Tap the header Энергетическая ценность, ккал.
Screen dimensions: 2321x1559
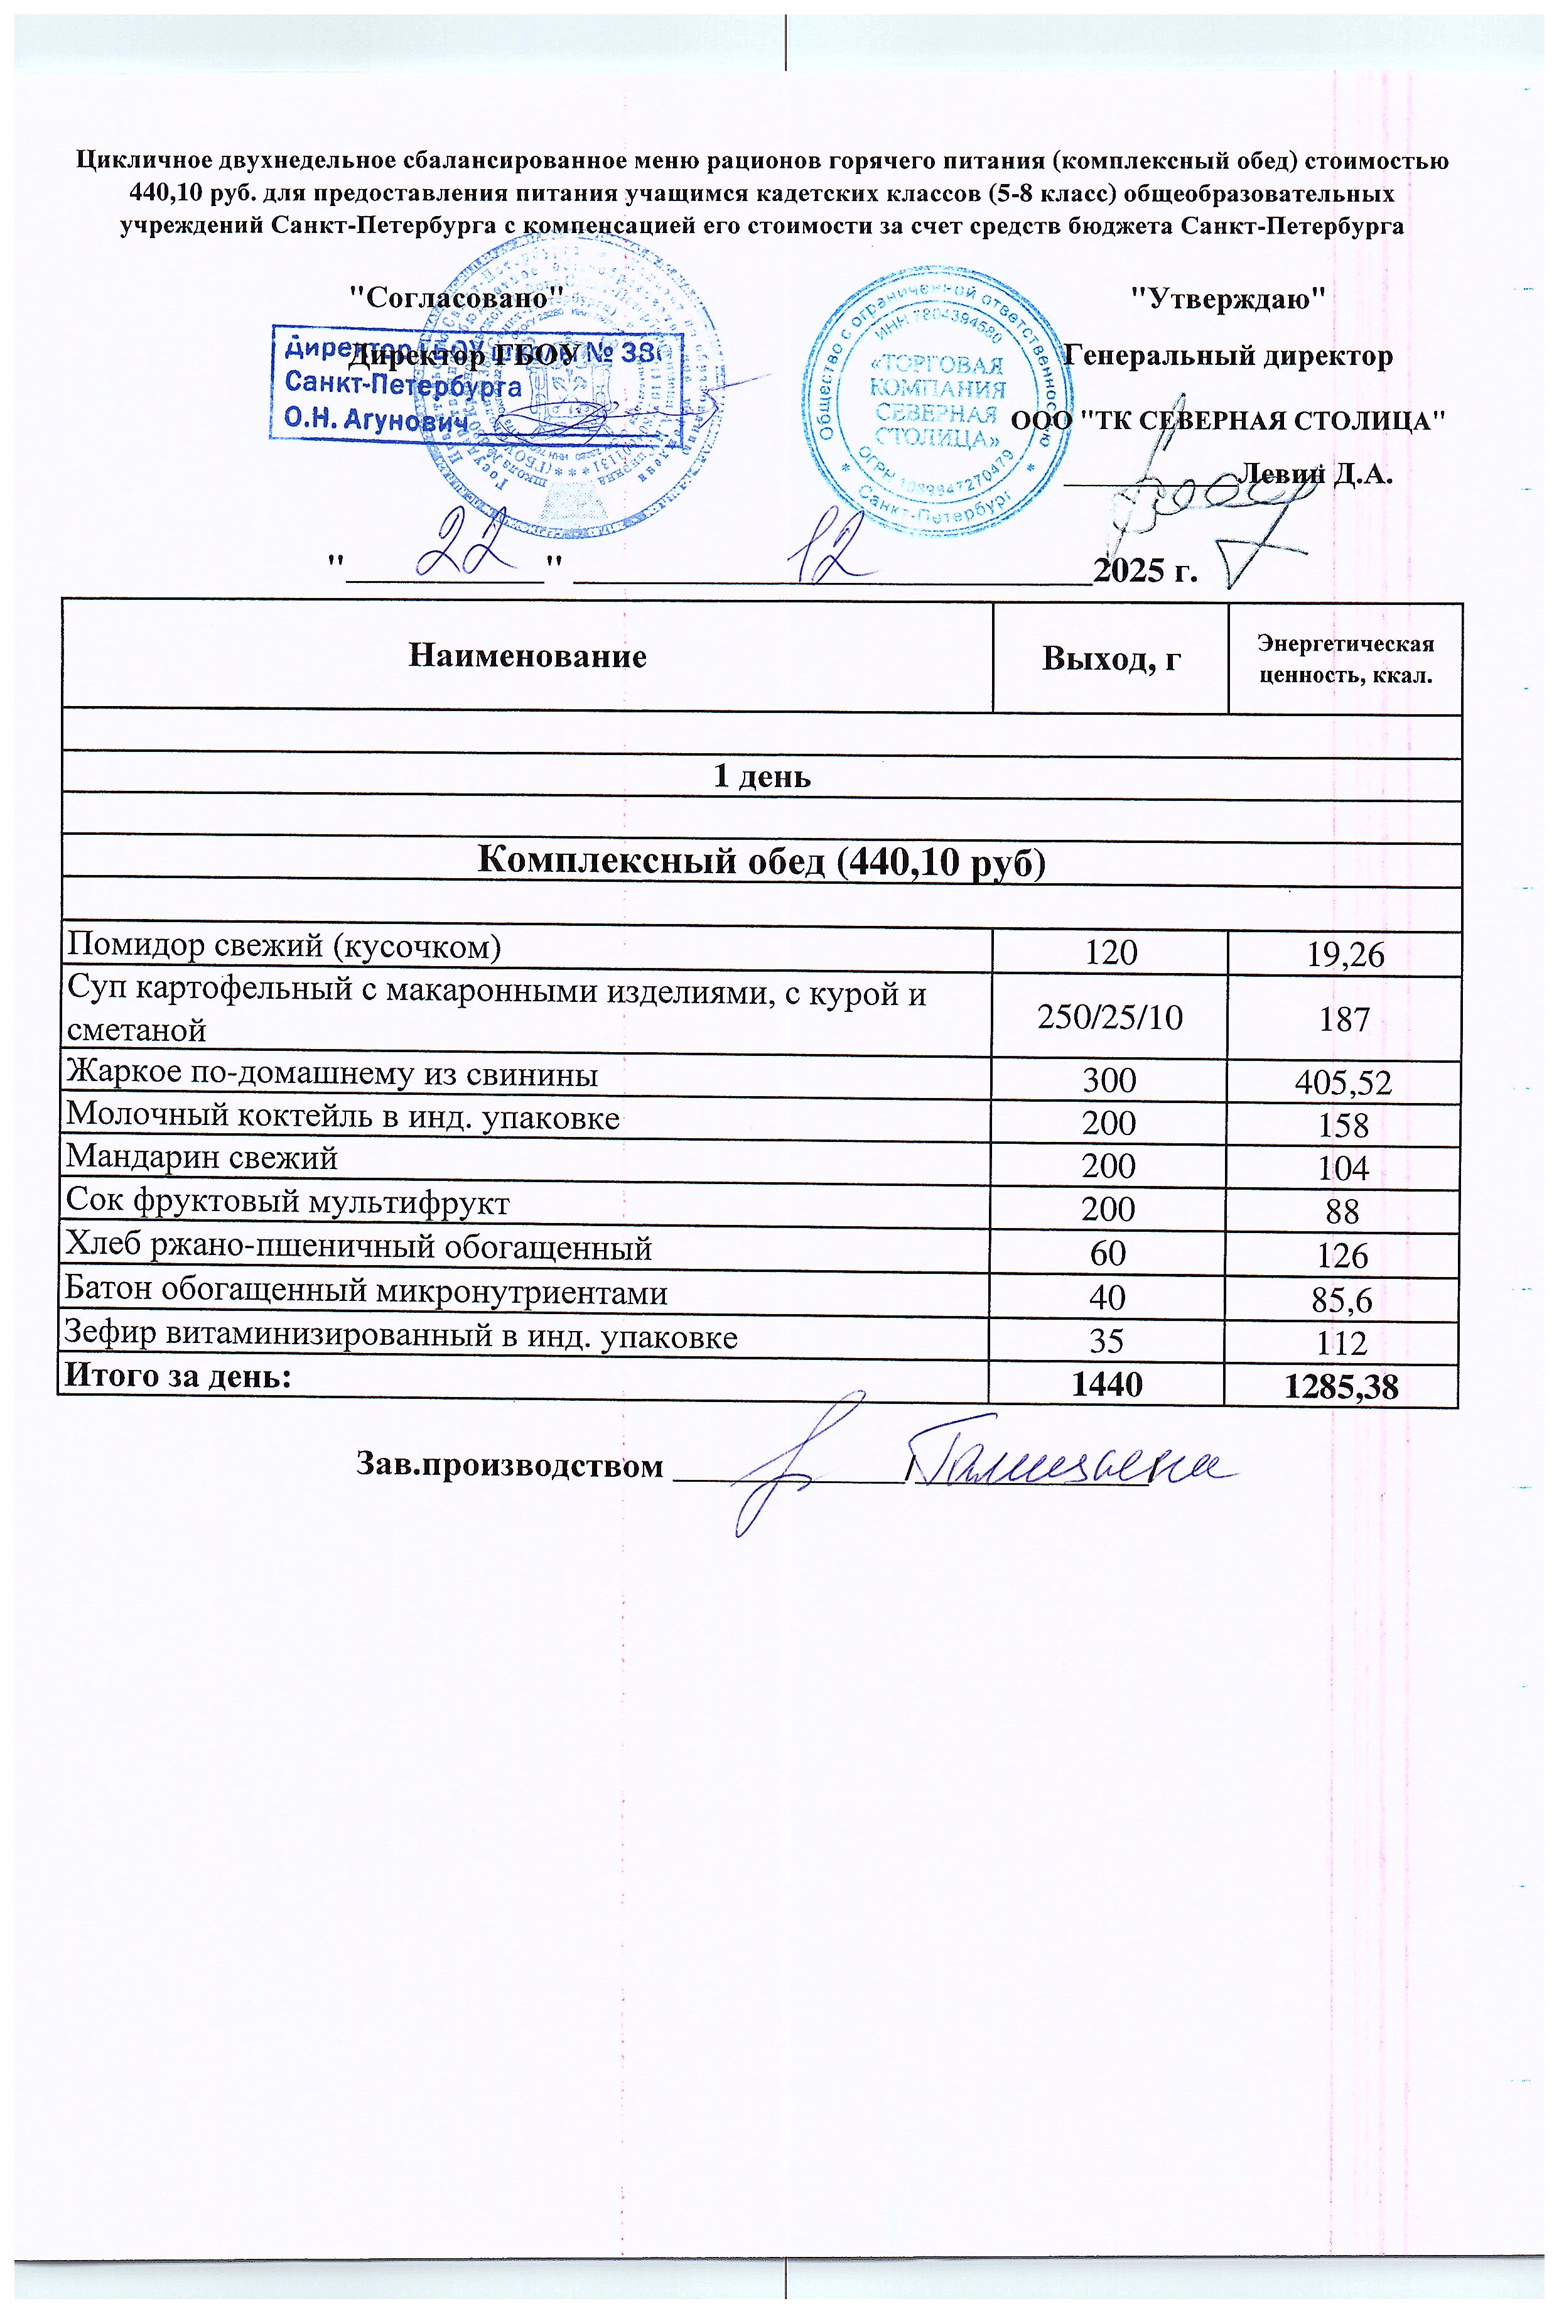pyautogui.click(x=1346, y=660)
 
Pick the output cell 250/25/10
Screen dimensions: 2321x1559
pyautogui.click(x=1109, y=1018)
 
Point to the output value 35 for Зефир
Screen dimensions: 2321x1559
pyautogui.click(x=1108, y=1340)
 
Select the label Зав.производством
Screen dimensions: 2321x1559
pyautogui.click(x=509, y=1466)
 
